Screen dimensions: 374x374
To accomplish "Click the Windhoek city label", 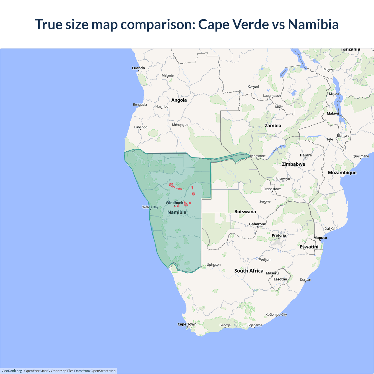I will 174,203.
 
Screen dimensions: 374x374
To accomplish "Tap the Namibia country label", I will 177,212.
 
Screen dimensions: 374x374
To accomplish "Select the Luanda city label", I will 138,68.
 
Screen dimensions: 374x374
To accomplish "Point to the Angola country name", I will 179,100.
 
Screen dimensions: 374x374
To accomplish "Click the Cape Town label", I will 187,324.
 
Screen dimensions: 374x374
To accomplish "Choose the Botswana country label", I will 245,212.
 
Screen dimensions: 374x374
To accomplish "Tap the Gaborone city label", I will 257,224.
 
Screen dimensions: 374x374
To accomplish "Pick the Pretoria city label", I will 279,236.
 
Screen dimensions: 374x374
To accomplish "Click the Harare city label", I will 306,155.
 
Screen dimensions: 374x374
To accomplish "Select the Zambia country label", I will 273,126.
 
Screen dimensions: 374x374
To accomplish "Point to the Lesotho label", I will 280,279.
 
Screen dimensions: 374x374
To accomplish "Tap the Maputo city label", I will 320,238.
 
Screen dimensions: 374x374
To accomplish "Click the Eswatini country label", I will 309,247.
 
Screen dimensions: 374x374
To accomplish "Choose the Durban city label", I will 305,280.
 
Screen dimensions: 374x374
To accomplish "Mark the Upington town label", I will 214,265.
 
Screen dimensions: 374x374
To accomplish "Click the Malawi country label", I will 333,114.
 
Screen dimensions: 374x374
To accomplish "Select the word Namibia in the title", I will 313,24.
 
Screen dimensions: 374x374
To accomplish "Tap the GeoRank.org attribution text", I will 12,371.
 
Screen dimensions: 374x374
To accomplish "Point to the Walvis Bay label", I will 150,207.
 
